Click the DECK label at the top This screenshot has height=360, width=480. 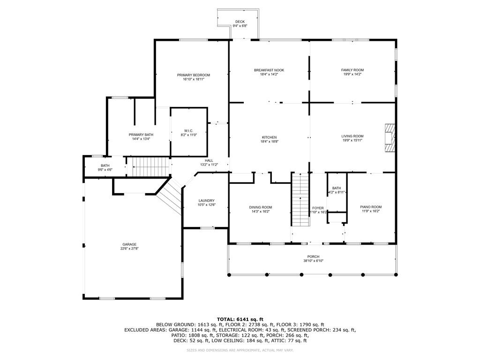[240, 22]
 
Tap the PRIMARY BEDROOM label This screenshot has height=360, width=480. [193, 75]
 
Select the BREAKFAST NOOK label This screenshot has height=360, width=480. [269, 70]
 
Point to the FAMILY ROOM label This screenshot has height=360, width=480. [352, 70]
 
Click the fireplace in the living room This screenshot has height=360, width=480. [390, 137]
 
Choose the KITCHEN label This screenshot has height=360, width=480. [269, 137]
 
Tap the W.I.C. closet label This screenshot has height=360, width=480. [188, 131]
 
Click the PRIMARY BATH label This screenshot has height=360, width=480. [141, 135]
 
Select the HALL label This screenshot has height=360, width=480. [209, 160]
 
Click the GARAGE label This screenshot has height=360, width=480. [129, 244]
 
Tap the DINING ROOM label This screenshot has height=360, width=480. [260, 207]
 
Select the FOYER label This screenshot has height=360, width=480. [318, 208]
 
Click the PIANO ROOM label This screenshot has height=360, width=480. [370, 207]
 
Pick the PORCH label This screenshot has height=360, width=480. [313, 256]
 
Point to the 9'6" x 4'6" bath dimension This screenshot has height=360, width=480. [105, 169]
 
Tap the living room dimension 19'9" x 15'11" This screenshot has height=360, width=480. [352, 141]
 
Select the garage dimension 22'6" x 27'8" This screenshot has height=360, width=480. [129, 248]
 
